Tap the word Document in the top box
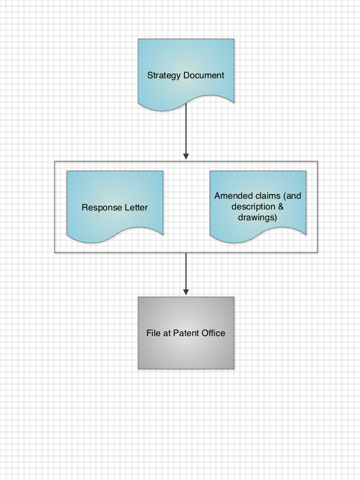point(203,75)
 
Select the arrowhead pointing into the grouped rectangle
point(186,156)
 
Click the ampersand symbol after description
point(281,207)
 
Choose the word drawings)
point(257,217)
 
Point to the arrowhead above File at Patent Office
point(186,292)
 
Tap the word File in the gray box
point(154,333)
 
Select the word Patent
point(186,333)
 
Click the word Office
point(213,333)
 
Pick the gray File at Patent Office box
point(186,352)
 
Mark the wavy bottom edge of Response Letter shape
point(115,235)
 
